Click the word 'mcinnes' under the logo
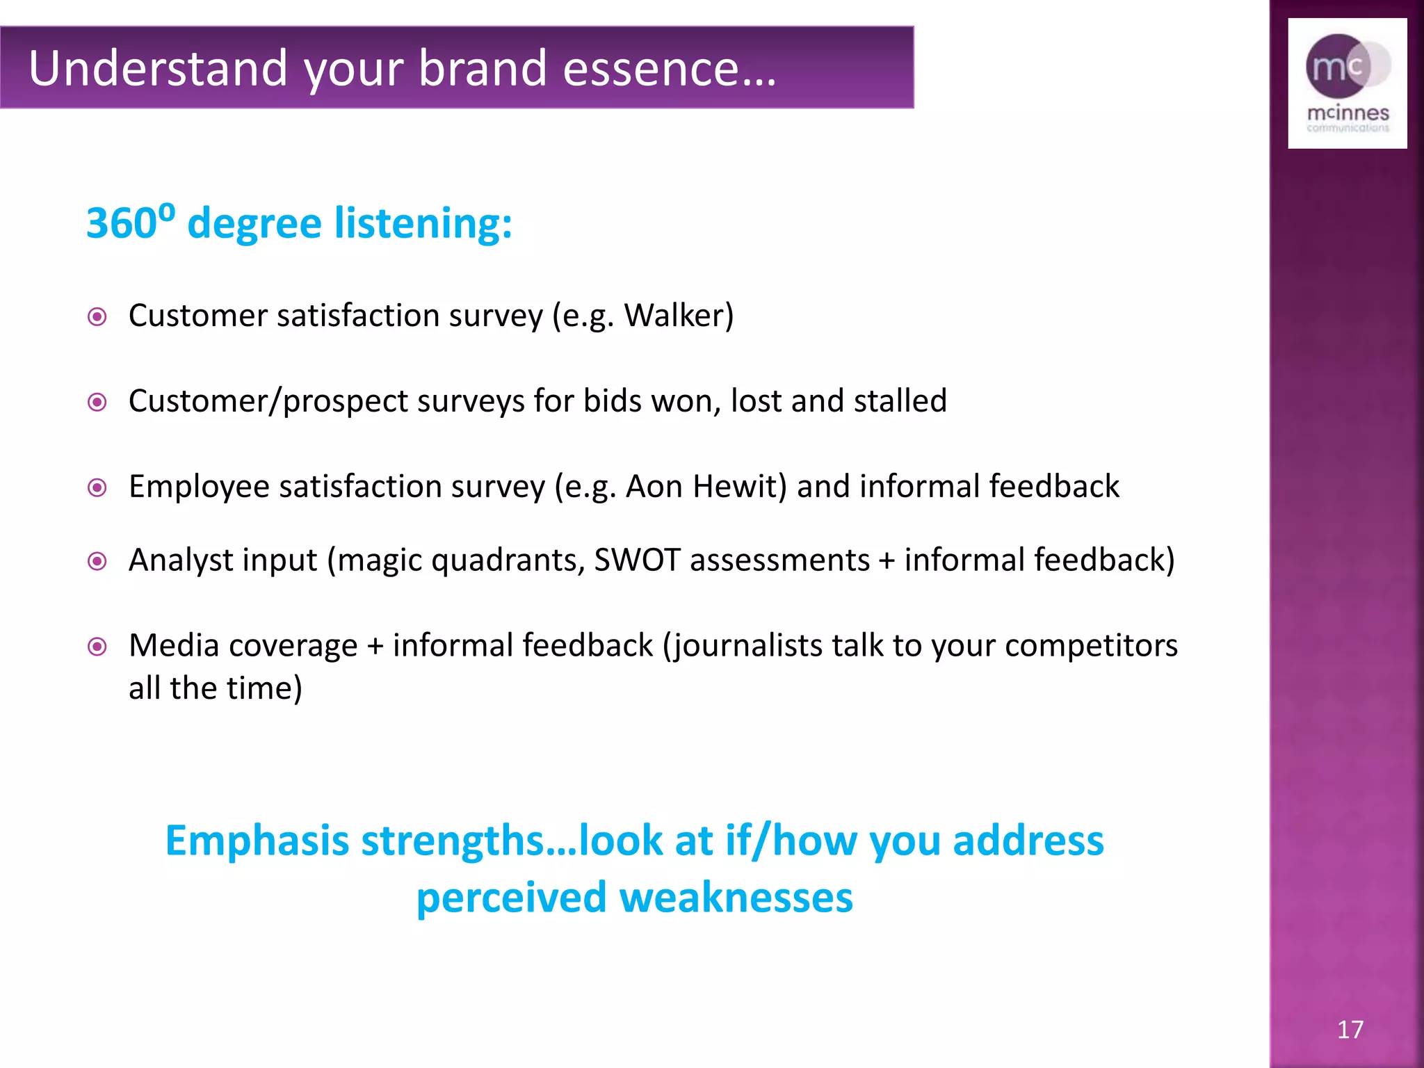(1348, 113)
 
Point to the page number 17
(1350, 1030)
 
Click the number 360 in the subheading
(121, 224)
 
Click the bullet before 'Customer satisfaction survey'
(97, 317)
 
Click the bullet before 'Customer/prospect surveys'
(97, 403)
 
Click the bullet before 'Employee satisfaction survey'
(97, 488)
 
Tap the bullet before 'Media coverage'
(97, 647)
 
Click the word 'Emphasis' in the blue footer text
(257, 841)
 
